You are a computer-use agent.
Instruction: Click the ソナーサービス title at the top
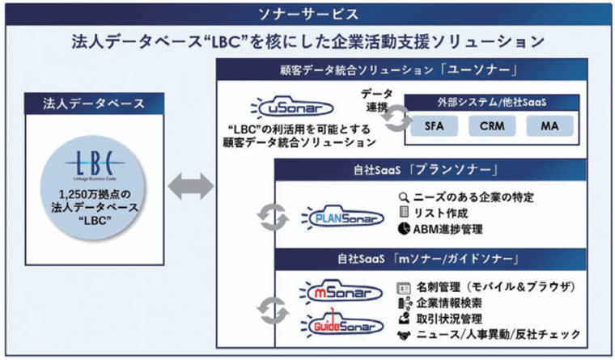[307, 14]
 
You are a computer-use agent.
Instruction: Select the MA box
[549, 126]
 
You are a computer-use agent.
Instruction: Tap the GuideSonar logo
[334, 324]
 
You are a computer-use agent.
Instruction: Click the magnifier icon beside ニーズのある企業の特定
[405, 197]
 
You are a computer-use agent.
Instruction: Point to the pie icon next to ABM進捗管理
[405, 230]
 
